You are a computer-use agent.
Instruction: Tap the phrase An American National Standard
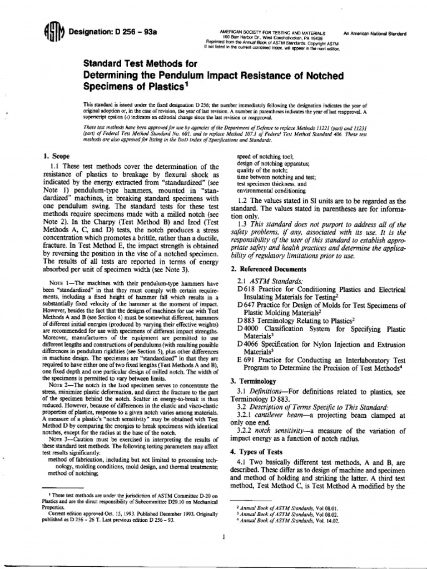click(x=375, y=34)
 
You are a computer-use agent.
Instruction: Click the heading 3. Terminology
click(x=253, y=382)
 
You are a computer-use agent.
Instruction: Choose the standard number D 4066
click(x=247, y=345)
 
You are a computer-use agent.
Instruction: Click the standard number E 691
click(x=245, y=360)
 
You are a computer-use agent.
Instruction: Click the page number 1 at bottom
click(x=222, y=537)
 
